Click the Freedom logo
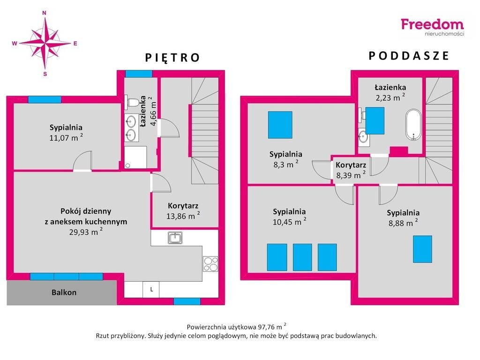coord(432,27)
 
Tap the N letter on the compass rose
coord(44,13)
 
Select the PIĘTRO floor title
coord(172,58)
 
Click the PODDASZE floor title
coord(409,56)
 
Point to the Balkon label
coord(64,292)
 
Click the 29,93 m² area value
coord(86,231)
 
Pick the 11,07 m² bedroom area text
coord(66,137)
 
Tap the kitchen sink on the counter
coord(175,238)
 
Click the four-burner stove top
coord(210,264)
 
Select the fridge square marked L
coord(151,289)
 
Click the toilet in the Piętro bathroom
coord(132,102)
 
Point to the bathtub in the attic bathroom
coord(413,125)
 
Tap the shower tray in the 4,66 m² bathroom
coord(135,157)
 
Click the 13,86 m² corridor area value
coord(183,216)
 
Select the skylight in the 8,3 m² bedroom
coord(280,125)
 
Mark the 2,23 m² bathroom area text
coord(390,97)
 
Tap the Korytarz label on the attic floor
coord(351,165)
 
